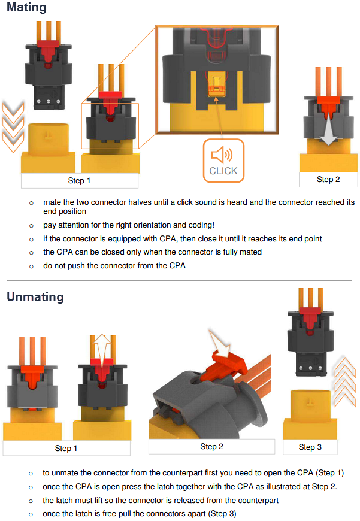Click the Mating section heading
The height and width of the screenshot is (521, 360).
[26, 8]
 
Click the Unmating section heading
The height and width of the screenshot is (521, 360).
[35, 297]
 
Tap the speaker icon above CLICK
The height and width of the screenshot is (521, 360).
[222, 156]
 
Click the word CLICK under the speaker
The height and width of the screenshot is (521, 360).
[223, 171]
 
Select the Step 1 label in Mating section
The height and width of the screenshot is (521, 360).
[80, 180]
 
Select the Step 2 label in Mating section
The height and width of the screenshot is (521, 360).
[328, 179]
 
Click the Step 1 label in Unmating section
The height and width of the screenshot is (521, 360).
[66, 448]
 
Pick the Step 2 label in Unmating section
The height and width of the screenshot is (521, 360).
[211, 446]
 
